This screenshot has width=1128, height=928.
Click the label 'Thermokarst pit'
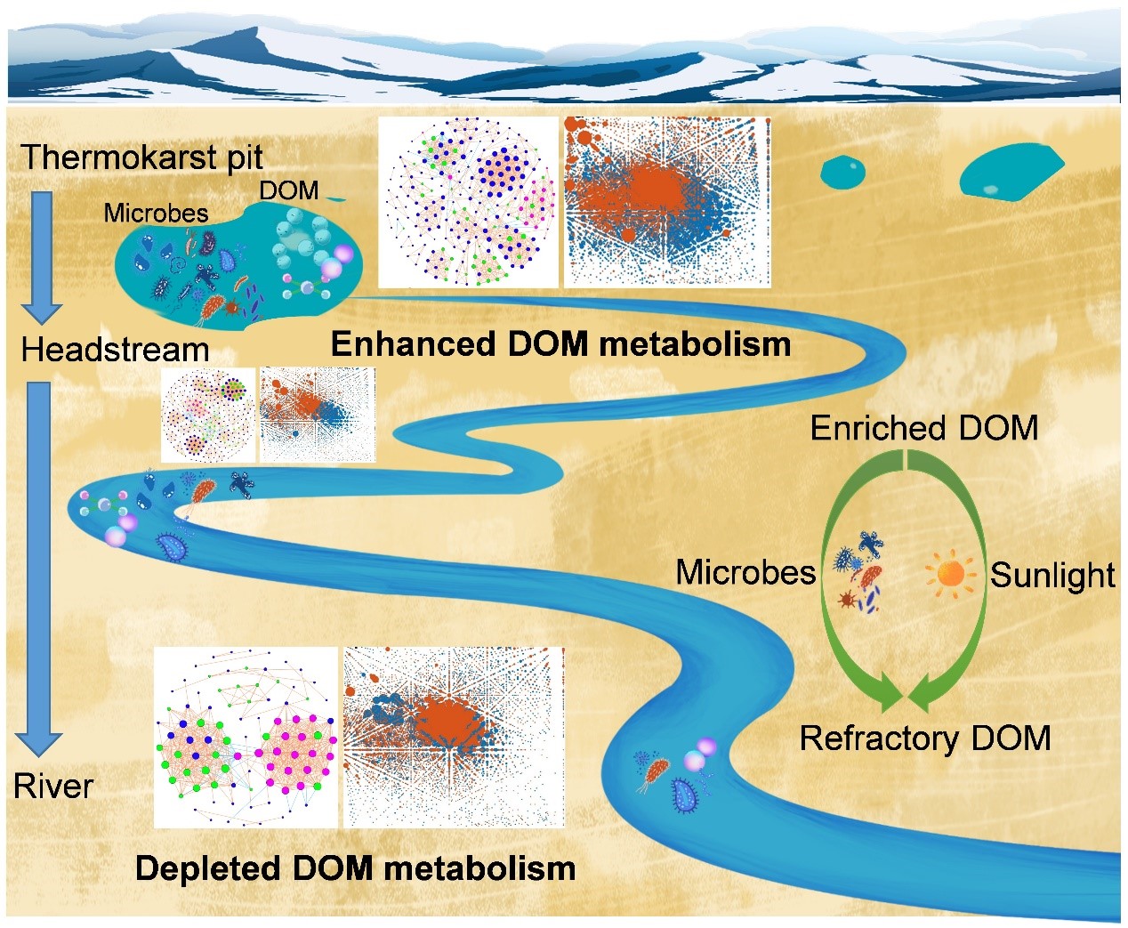142,157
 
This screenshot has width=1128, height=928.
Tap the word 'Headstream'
115,349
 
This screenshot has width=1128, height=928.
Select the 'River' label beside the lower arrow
53,786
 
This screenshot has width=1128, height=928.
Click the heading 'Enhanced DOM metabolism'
560,344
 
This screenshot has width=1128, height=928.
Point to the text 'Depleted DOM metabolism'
355,868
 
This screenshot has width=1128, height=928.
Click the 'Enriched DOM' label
923,428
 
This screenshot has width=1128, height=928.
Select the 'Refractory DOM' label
924,738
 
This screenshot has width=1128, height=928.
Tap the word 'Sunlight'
1052,575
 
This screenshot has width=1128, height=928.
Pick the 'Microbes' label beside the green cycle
745,572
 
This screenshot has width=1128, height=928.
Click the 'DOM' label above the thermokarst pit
288,190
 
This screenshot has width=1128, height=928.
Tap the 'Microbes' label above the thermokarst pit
156,213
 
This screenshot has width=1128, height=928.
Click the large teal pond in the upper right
1012,171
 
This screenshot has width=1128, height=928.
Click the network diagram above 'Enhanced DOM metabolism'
468,202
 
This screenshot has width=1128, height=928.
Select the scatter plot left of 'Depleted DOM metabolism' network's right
454,737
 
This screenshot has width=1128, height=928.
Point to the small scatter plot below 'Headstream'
317,415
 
